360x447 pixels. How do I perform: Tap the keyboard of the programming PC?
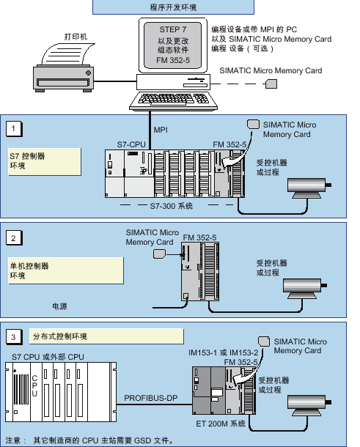click(x=174, y=100)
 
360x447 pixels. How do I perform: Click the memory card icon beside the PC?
click(x=271, y=84)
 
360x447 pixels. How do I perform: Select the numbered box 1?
click(x=14, y=129)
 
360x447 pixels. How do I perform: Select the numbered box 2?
click(x=14, y=238)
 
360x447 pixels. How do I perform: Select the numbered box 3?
click(x=14, y=337)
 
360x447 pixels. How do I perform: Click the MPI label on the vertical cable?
click(x=161, y=130)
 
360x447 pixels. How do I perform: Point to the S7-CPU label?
click(x=131, y=144)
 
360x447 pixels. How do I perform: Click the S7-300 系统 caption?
click(x=172, y=206)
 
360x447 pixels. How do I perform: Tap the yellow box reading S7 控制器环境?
click(x=45, y=162)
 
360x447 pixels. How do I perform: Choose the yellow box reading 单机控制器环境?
click(x=66, y=270)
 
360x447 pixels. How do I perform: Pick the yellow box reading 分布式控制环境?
click(x=106, y=336)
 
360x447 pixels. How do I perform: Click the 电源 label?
click(x=59, y=306)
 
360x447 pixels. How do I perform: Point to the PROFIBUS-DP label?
click(x=150, y=398)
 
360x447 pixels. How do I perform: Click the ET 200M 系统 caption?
click(x=221, y=424)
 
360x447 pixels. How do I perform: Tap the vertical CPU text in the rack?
click(x=34, y=385)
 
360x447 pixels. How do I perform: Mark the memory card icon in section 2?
click(x=159, y=254)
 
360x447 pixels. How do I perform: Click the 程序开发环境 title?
click(x=173, y=7)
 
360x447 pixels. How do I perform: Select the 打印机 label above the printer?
click(x=76, y=37)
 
